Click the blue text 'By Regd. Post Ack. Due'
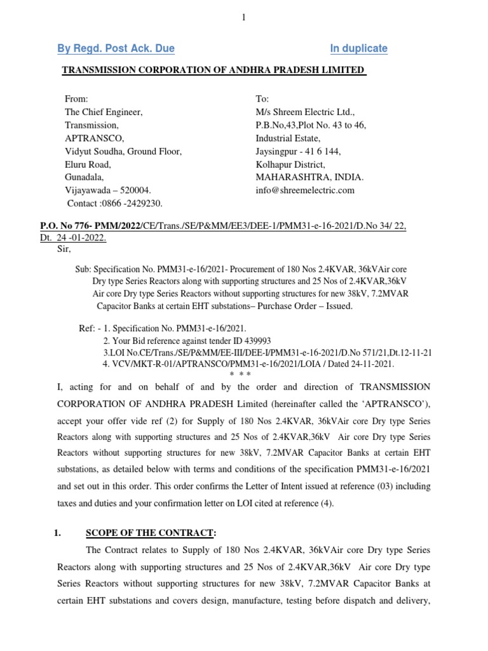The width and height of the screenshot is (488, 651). [x=117, y=48]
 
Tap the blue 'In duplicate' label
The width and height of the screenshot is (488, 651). [x=358, y=48]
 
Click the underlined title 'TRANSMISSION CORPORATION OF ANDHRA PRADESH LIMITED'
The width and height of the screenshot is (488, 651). [x=213, y=69]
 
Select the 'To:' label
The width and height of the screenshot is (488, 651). [x=262, y=99]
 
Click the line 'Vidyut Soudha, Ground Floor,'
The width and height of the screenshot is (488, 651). [x=123, y=151]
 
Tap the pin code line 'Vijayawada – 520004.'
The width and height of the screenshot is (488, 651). [x=108, y=190]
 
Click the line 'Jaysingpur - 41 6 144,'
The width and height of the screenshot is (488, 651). [x=298, y=151]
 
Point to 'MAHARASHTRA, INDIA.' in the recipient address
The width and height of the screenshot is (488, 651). [x=309, y=177]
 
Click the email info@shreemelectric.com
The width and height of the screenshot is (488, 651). [x=305, y=190]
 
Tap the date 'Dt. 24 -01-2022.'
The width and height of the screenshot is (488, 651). [x=73, y=238]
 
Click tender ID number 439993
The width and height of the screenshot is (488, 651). [x=256, y=340]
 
